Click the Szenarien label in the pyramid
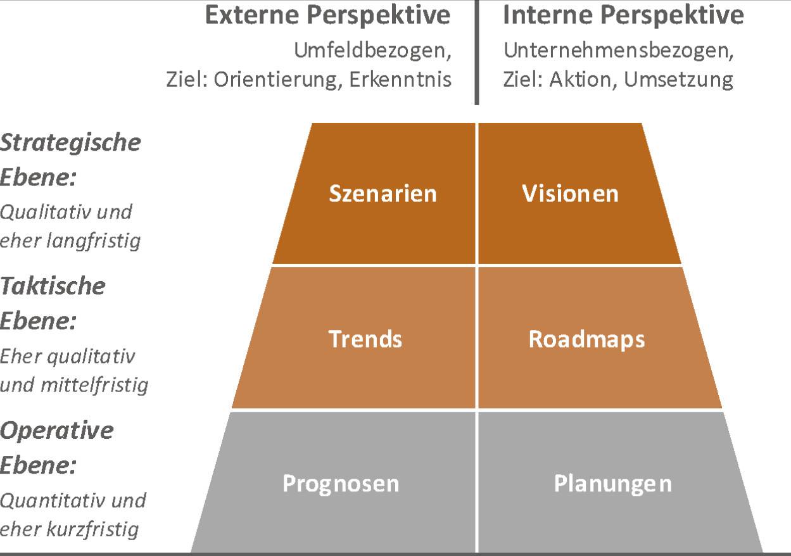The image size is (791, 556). [x=383, y=193]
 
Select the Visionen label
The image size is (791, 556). [x=571, y=193]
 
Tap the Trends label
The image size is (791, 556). [x=365, y=339]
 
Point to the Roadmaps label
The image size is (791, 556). [x=586, y=340]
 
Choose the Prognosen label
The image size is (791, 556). [x=341, y=484]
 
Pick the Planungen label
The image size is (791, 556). [x=612, y=484]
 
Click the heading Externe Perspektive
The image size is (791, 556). [x=327, y=16]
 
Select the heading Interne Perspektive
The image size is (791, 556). [x=623, y=16]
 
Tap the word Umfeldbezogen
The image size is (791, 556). [x=372, y=51]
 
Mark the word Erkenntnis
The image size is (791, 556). [x=400, y=79]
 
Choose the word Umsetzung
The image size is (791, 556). [x=678, y=80]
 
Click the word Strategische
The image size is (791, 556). [x=70, y=143]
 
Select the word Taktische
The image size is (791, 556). [x=53, y=286]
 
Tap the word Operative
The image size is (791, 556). [x=57, y=431]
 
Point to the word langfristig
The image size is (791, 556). [x=94, y=241]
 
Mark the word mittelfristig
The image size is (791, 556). [x=94, y=384]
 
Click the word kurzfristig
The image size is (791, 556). [x=92, y=529]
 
